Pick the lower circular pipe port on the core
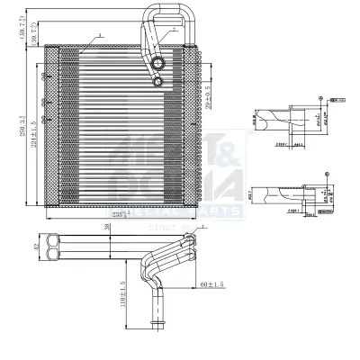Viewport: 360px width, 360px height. pos(158,82)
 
